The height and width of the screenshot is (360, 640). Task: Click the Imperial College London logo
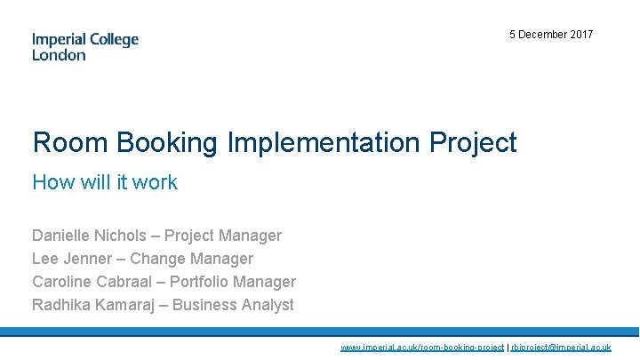click(85, 46)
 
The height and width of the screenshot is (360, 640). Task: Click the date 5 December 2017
click(551, 35)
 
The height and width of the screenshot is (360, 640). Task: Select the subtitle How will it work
click(105, 182)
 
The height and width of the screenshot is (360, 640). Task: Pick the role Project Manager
click(223, 236)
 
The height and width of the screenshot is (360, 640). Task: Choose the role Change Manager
click(191, 259)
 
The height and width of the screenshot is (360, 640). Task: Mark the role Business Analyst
click(233, 305)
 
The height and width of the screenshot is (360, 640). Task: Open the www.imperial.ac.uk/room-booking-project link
click(422, 348)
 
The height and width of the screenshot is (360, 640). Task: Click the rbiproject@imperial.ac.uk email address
click(561, 348)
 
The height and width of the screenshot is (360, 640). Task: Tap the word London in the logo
click(59, 55)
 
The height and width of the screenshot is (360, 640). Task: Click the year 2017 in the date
click(581, 35)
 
